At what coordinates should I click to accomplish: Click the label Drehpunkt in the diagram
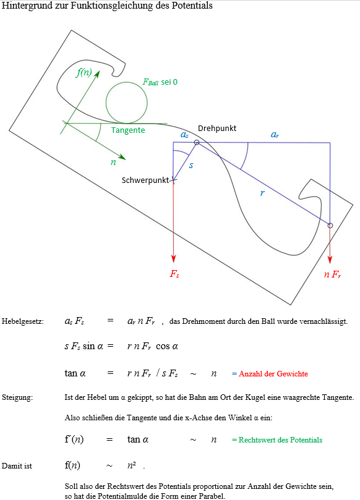coord(217,128)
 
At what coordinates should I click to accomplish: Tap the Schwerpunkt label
coord(145,180)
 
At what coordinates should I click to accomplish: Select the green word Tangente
coord(128,130)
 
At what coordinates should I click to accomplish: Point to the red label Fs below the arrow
coord(174,274)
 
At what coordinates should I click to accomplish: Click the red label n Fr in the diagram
coord(332,274)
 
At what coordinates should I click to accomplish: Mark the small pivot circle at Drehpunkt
coord(197,143)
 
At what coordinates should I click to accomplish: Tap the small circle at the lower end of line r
coord(330,226)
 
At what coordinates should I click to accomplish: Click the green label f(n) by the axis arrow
coord(84,72)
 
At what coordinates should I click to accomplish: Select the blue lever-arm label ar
coord(275,135)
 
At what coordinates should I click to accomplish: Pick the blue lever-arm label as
coord(184,135)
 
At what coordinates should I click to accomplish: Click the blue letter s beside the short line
coord(191,165)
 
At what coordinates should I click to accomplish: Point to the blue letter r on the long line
coord(262,193)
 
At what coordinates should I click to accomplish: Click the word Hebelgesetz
coord(23,321)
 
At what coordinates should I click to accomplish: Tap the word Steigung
coord(17,397)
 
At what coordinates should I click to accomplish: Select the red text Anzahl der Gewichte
coord(273,374)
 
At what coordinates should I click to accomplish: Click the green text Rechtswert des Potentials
coord(280,440)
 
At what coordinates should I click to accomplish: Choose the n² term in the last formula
coord(132,465)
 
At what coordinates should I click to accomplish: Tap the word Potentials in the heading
coord(192,6)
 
